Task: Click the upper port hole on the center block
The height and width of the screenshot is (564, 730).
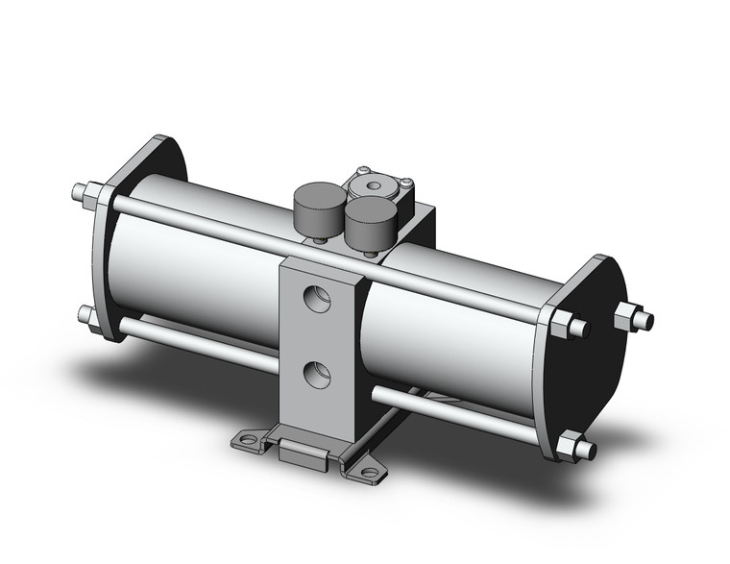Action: point(315,298)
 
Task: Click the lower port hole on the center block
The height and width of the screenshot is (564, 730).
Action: point(315,371)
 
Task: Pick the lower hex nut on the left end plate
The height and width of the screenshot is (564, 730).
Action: point(90,317)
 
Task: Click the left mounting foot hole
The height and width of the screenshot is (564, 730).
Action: point(249,441)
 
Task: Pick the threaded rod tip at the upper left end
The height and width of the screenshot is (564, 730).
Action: point(78,190)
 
